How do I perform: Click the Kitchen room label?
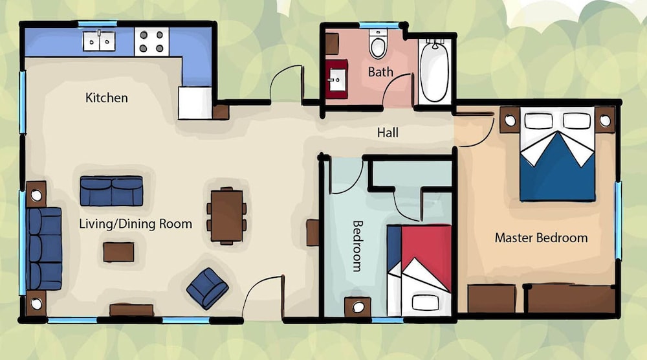click(x=107, y=98)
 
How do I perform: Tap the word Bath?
click(x=380, y=73)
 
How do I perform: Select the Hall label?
click(x=388, y=133)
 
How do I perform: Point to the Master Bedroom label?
click(x=541, y=238)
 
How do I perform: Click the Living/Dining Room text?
click(x=135, y=224)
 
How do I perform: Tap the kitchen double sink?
click(x=99, y=41)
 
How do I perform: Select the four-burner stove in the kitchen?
click(x=151, y=41)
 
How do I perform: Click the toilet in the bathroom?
click(x=378, y=44)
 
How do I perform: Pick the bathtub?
click(x=435, y=71)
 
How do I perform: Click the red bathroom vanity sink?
click(x=336, y=79)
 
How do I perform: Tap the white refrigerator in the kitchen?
click(x=195, y=103)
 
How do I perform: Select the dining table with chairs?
click(x=226, y=216)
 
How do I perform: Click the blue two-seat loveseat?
click(x=111, y=191)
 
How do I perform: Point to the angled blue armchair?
click(x=208, y=288)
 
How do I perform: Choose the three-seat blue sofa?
click(x=44, y=249)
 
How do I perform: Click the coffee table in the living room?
click(x=118, y=252)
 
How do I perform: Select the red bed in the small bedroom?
click(x=419, y=271)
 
